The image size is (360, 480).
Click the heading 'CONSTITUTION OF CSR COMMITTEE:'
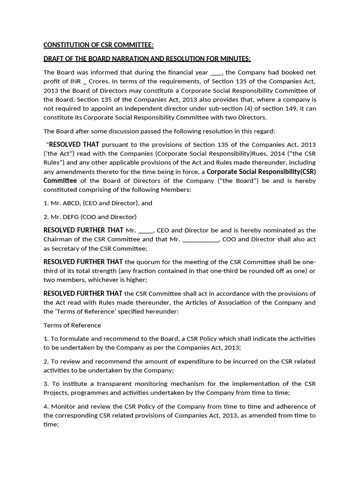98,45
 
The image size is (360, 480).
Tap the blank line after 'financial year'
217,73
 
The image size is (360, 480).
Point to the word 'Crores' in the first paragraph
96,82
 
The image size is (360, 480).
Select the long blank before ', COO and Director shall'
200,239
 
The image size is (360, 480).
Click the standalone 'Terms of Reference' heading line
72,325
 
